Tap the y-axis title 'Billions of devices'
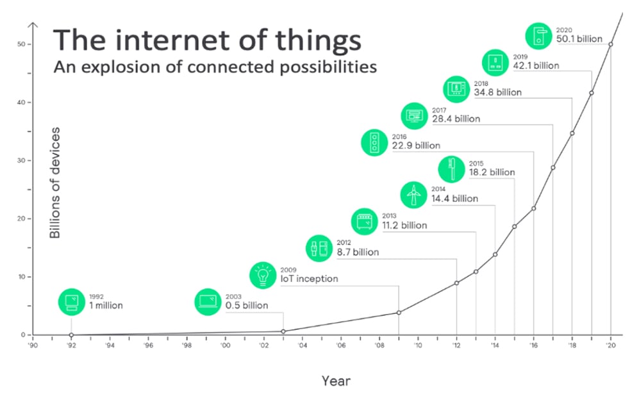pos(55,183)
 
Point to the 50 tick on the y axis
pos(22,44)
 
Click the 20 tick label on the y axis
pos(22,218)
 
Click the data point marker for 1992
pos(71,334)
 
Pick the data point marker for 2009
pos(399,313)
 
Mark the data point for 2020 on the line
pos(610,44)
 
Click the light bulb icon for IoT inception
pos(263,274)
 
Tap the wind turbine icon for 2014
pos(414,194)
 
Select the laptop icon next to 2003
pos(208,301)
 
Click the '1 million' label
pos(105,306)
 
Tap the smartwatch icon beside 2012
pos(319,247)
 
